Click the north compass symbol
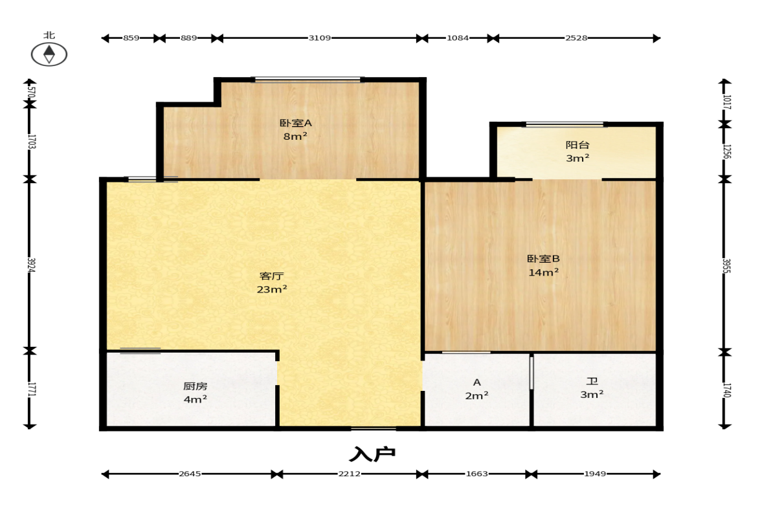point(49,54)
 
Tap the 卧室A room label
point(295,124)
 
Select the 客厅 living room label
point(272,276)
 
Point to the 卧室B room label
point(543,259)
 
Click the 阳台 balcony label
point(577,145)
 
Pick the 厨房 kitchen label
point(196,386)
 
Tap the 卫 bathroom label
point(592,382)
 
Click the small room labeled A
point(476,382)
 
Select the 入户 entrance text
point(372,454)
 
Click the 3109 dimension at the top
point(320,38)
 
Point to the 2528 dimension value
point(576,38)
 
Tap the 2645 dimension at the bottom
point(190,474)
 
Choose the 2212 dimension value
point(350,474)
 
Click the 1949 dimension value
point(595,474)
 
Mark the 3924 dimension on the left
point(31,265)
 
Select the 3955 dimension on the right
point(726,266)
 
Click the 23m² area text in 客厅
point(272,289)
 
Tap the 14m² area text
point(543,272)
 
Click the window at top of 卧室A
point(308,79)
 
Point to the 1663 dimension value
point(476,474)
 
